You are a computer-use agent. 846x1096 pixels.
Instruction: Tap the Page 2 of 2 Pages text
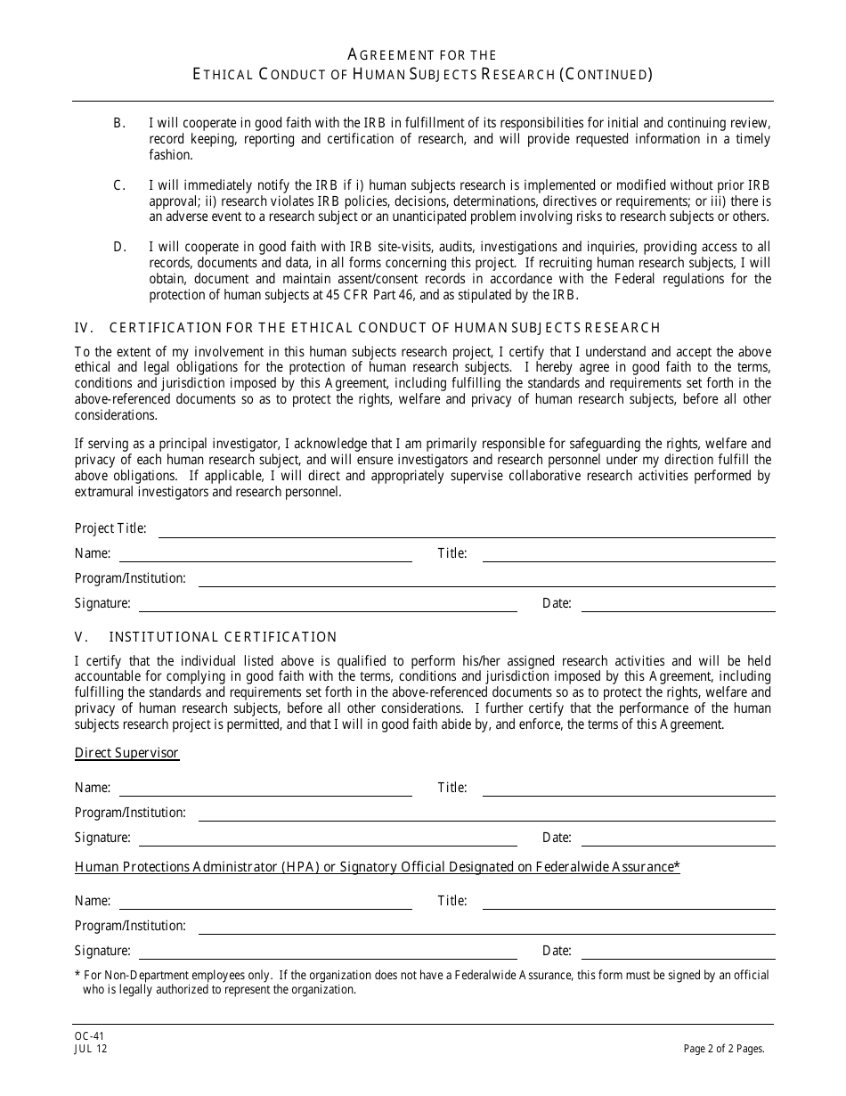point(724,1049)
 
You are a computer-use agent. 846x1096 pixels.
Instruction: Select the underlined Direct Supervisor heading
point(126,754)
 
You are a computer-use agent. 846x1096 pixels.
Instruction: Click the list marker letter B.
point(118,122)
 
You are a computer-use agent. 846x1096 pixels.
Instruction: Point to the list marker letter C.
point(118,185)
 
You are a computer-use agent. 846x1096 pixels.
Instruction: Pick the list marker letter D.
point(118,247)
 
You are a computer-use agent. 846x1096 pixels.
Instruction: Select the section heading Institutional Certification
point(223,637)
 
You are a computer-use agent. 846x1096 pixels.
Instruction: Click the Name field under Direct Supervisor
point(265,789)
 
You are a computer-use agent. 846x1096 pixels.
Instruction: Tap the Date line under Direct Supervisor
point(678,838)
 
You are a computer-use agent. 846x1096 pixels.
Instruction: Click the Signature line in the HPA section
point(328,952)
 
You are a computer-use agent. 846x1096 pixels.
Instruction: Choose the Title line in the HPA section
point(628,902)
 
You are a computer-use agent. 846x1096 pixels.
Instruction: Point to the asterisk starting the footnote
point(77,976)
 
